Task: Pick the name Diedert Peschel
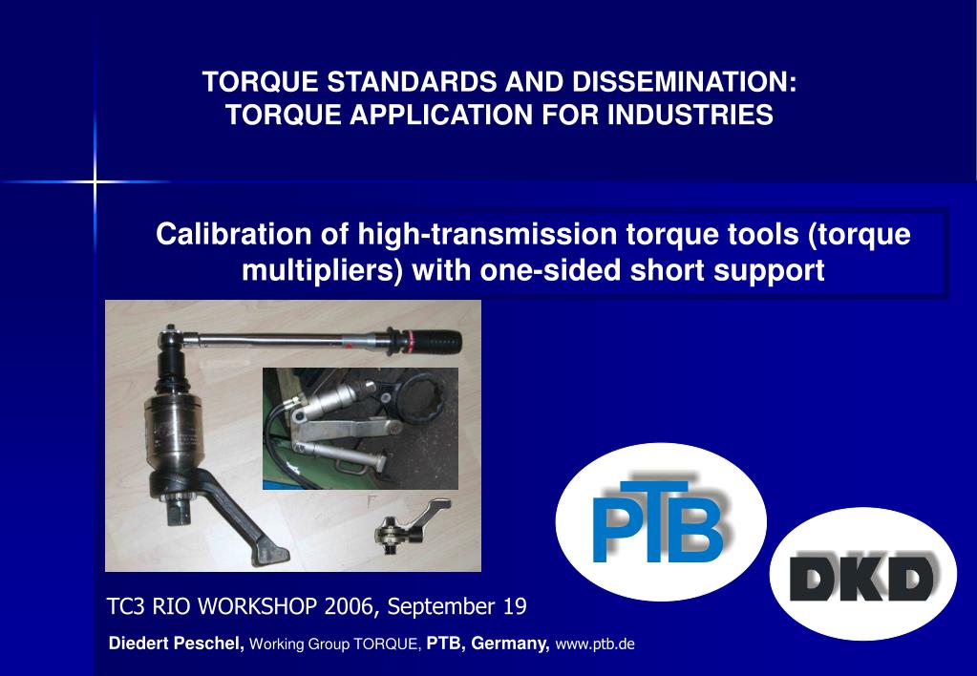click(x=177, y=644)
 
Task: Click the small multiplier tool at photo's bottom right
click(x=406, y=524)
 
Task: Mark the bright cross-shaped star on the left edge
click(x=95, y=180)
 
